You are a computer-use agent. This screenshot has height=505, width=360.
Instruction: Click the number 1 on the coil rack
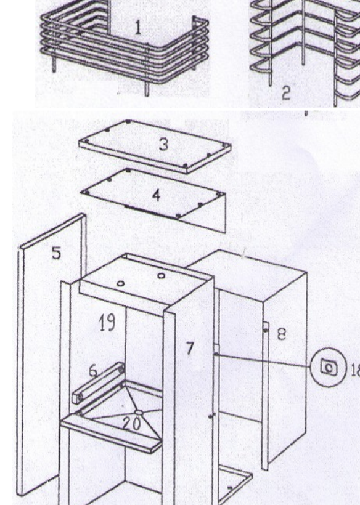click(x=138, y=28)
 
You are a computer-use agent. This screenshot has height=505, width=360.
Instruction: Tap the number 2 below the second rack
click(x=286, y=93)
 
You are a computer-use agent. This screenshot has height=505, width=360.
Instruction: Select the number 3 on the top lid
click(x=163, y=144)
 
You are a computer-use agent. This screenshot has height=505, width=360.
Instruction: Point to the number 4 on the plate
click(x=156, y=195)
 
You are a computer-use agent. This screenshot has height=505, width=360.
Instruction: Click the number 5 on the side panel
click(x=56, y=253)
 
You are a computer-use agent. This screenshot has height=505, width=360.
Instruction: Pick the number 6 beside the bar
click(x=93, y=371)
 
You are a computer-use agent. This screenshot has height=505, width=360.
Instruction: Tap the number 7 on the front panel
click(x=190, y=349)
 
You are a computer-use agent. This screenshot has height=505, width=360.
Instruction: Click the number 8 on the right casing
click(x=281, y=334)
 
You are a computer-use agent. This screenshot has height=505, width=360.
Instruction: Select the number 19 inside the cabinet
click(x=107, y=323)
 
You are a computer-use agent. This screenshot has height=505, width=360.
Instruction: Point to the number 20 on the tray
click(x=131, y=424)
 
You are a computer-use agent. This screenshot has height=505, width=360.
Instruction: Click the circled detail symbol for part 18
click(x=328, y=367)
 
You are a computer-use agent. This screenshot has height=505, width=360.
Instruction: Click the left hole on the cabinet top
click(x=121, y=284)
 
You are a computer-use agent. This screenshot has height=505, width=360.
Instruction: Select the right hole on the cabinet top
click(x=162, y=275)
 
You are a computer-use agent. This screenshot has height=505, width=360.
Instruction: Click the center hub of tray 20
click(x=139, y=412)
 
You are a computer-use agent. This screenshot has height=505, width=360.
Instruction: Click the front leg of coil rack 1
click(x=147, y=89)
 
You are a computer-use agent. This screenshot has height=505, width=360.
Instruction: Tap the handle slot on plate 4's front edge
click(x=150, y=212)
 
